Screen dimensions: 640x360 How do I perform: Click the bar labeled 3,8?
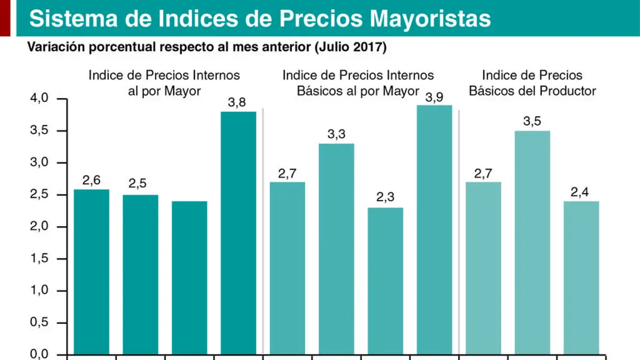click(238, 233)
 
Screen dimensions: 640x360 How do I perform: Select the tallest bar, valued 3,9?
click(434, 230)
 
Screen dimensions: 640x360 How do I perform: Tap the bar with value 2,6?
click(91, 271)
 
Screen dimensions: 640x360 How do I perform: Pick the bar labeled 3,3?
click(337, 249)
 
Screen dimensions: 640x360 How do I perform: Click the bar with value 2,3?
click(386, 281)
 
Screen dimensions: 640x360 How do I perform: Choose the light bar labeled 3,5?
click(532, 243)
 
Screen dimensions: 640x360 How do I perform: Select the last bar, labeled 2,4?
click(581, 278)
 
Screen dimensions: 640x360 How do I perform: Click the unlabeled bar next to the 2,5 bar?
click(189, 278)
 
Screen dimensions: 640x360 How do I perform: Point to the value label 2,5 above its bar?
click(138, 183)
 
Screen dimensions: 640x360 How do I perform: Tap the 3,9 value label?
click(434, 98)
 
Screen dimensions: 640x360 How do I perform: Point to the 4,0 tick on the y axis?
click(39, 98)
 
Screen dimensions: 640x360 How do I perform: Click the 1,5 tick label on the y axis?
click(39, 258)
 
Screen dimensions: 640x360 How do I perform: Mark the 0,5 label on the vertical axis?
click(39, 322)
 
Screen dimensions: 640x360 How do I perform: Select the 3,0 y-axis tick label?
click(39, 162)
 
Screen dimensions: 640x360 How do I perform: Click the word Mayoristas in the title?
click(430, 19)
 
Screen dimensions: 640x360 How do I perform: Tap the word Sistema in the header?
click(74, 19)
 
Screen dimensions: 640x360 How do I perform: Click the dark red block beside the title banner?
click(5, 18)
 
